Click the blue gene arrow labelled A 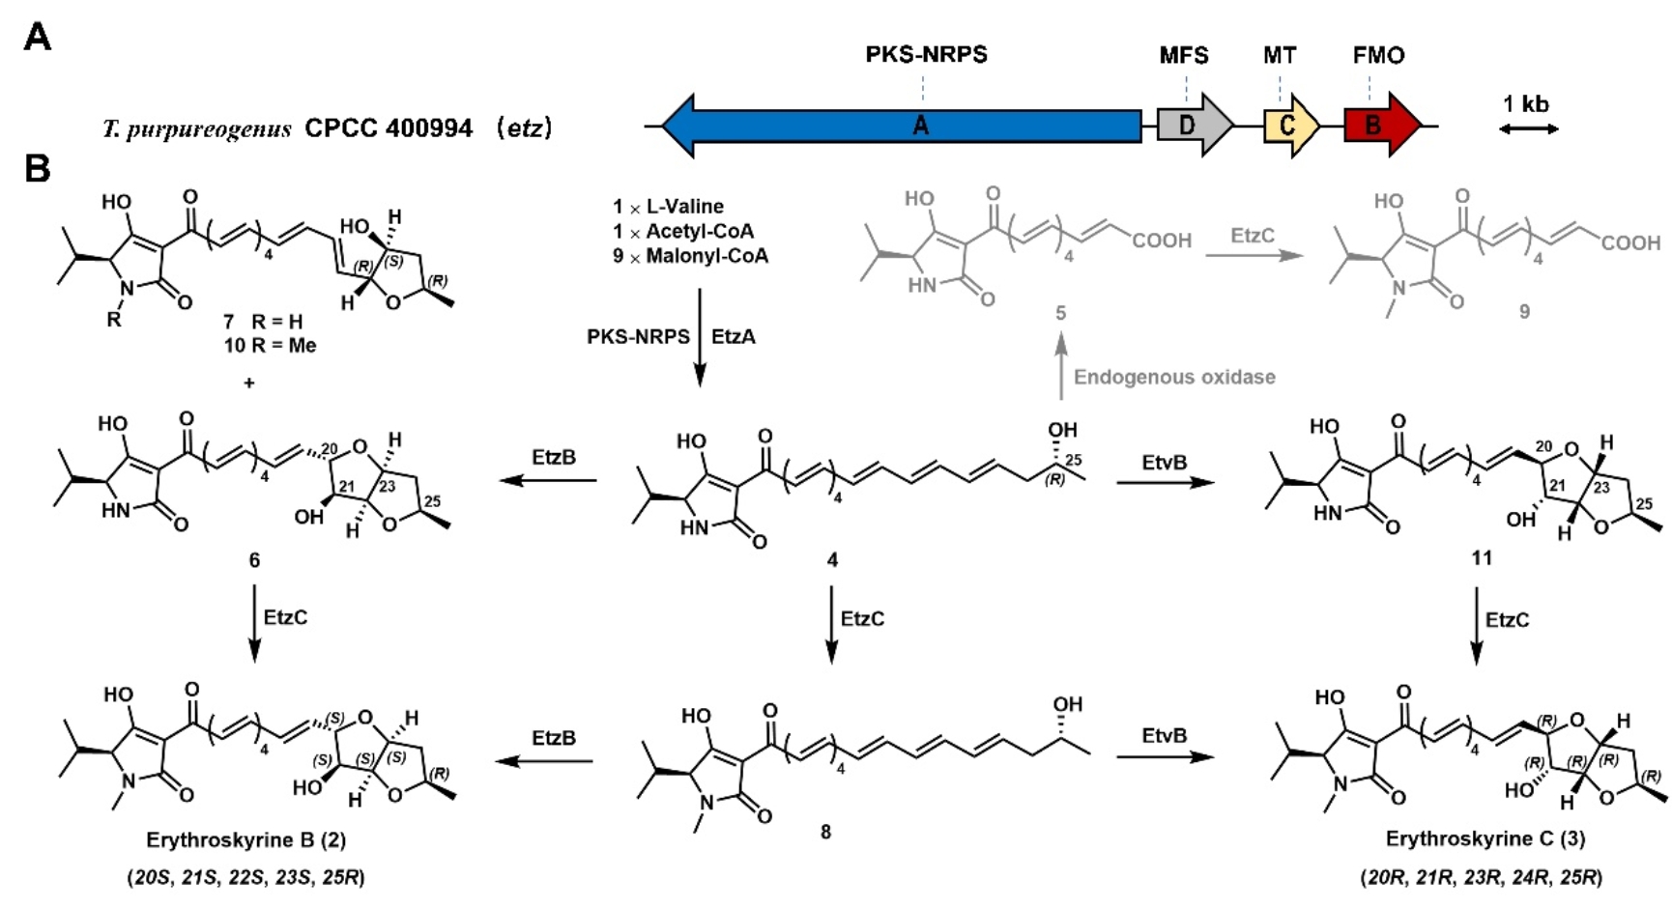click(x=918, y=126)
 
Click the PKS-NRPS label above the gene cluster click(x=926, y=55)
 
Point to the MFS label click(x=1184, y=56)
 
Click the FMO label click(x=1378, y=56)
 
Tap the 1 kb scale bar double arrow click(x=1528, y=128)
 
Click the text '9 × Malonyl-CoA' click(x=690, y=256)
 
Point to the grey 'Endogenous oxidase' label click(x=1174, y=377)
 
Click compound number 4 click(x=832, y=560)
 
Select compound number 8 click(x=825, y=832)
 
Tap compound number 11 click(x=1482, y=557)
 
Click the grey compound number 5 click(x=1060, y=313)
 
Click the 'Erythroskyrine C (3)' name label click(x=1485, y=838)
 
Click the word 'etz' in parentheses click(x=524, y=128)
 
